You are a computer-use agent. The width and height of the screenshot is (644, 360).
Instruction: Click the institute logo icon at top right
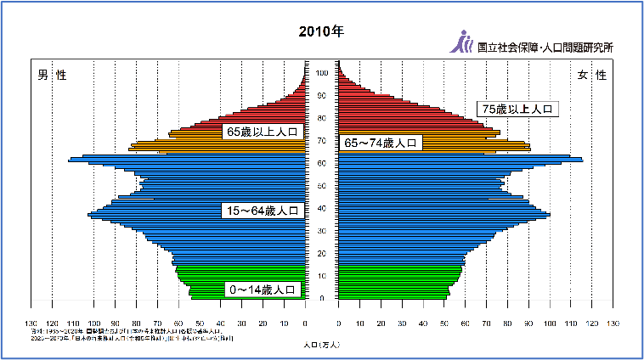(x=463, y=41)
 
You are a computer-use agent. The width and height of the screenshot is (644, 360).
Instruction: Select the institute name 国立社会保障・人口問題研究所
(x=545, y=48)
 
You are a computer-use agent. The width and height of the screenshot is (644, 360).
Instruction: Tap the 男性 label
(x=51, y=76)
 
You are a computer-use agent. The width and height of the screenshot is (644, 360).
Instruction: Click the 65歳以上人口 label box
(x=263, y=132)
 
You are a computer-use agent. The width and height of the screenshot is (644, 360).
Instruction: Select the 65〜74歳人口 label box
(x=381, y=143)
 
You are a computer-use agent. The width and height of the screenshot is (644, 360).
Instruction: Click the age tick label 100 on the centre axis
(x=322, y=73)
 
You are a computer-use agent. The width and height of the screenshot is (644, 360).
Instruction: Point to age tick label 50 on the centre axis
(x=322, y=186)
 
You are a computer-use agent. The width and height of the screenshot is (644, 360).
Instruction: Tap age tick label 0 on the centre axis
(x=322, y=298)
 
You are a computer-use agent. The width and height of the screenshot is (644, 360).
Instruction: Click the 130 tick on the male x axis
(x=31, y=323)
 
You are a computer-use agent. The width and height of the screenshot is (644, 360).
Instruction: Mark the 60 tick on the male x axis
(x=178, y=323)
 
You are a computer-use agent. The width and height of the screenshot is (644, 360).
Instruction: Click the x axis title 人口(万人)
(x=321, y=346)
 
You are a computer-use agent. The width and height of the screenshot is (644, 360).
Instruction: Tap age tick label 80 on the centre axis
(x=322, y=118)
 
